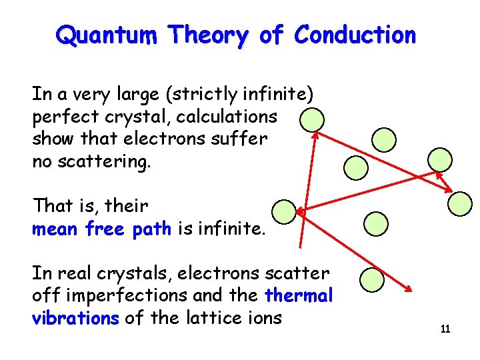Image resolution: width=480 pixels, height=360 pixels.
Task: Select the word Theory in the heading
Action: [207, 35]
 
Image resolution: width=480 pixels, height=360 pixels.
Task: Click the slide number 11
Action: [445, 329]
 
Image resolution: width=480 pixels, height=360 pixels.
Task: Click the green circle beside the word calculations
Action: [311, 121]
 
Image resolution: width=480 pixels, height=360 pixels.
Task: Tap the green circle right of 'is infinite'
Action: [285, 211]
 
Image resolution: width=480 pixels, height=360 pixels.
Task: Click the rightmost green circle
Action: [459, 204]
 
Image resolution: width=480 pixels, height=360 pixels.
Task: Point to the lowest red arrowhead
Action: [408, 288]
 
